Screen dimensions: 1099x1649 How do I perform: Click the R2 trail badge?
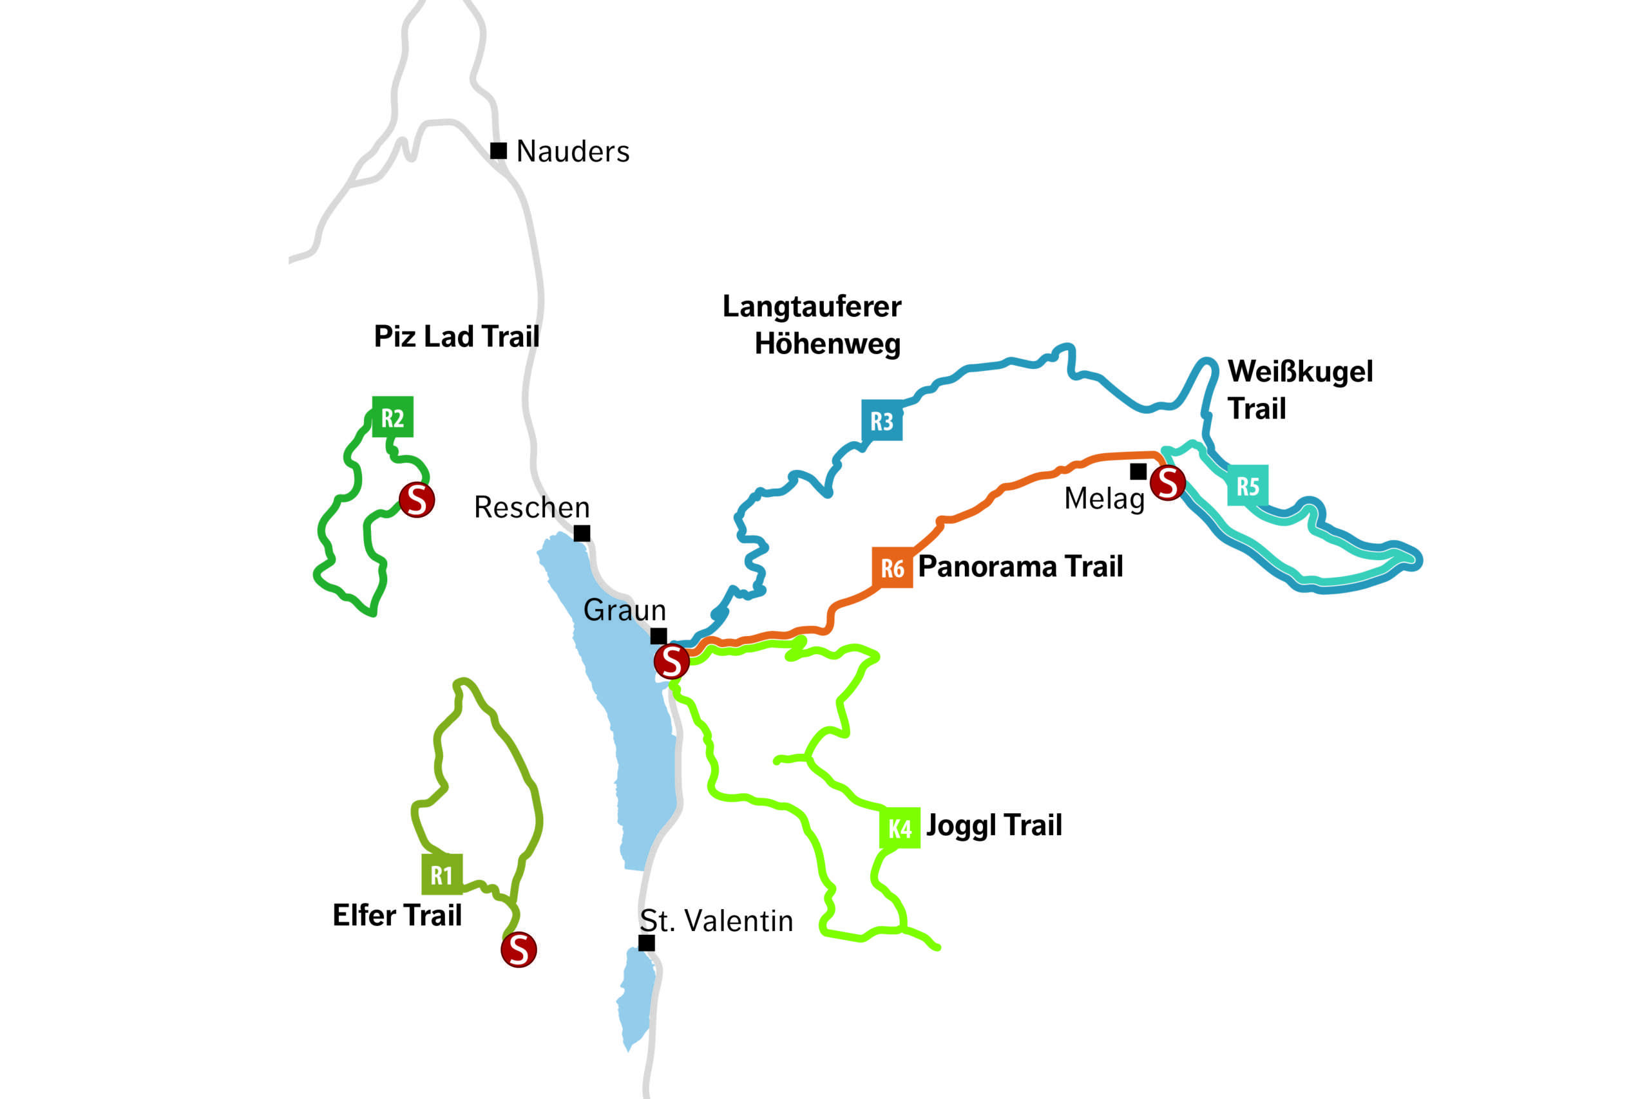pyautogui.click(x=393, y=417)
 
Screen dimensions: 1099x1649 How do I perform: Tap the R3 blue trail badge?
pyautogui.click(x=881, y=420)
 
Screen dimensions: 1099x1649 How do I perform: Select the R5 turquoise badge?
pyautogui.click(x=1247, y=485)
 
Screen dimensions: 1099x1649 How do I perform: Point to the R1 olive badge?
pyautogui.click(x=442, y=875)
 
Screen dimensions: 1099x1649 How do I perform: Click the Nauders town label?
pyautogui.click(x=573, y=151)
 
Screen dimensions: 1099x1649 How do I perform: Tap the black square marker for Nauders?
pyautogui.click(x=499, y=151)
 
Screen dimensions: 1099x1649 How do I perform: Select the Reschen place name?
pyautogui.click(x=531, y=507)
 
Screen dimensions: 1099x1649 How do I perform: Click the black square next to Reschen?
pyautogui.click(x=582, y=533)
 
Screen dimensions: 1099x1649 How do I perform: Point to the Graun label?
pyautogui.click(x=625, y=610)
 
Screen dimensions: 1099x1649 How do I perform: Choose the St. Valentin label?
pyautogui.click(x=716, y=921)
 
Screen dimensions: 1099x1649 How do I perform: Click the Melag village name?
pyautogui.click(x=1104, y=499)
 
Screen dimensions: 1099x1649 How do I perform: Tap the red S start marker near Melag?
pyautogui.click(x=1168, y=483)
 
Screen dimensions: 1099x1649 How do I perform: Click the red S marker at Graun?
pyautogui.click(x=672, y=661)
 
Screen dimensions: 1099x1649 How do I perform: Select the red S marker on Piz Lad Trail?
pyautogui.click(x=417, y=500)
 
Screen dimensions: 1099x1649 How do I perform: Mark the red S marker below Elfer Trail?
pyautogui.click(x=519, y=950)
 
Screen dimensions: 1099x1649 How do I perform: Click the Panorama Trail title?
pyautogui.click(x=1020, y=567)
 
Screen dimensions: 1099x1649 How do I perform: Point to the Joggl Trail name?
pyautogui.click(x=994, y=825)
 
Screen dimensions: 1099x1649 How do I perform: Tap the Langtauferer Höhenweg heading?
pyautogui.click(x=814, y=325)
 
